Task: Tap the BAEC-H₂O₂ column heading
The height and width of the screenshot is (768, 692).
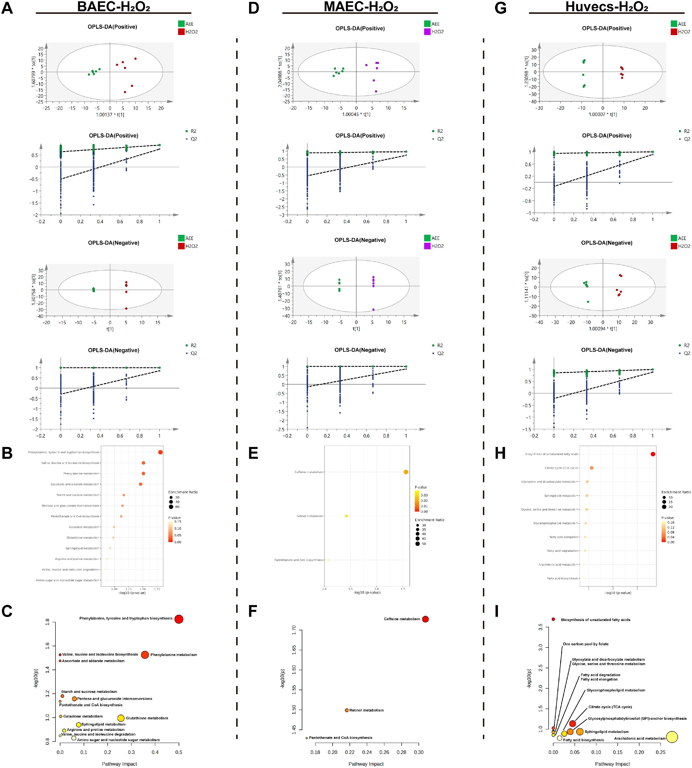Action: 113,7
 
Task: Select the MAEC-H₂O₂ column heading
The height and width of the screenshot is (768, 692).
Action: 361,7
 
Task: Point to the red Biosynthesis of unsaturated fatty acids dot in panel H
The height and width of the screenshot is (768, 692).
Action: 653,454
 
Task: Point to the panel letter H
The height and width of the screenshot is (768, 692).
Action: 500,453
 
